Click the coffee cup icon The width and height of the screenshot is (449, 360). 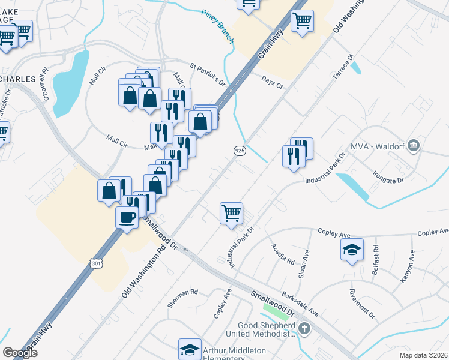pyautogui.click(x=127, y=217)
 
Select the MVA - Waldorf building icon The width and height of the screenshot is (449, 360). pyautogui.click(x=413, y=146)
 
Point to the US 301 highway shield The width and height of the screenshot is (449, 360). pyautogui.click(x=97, y=262)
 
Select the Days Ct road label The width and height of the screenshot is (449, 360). pyautogui.click(x=272, y=83)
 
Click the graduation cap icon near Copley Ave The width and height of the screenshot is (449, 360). pyautogui.click(x=352, y=250)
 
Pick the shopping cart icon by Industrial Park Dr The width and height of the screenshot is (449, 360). pyautogui.click(x=232, y=213)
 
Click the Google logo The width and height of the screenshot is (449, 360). pyautogui.click(x=20, y=352)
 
